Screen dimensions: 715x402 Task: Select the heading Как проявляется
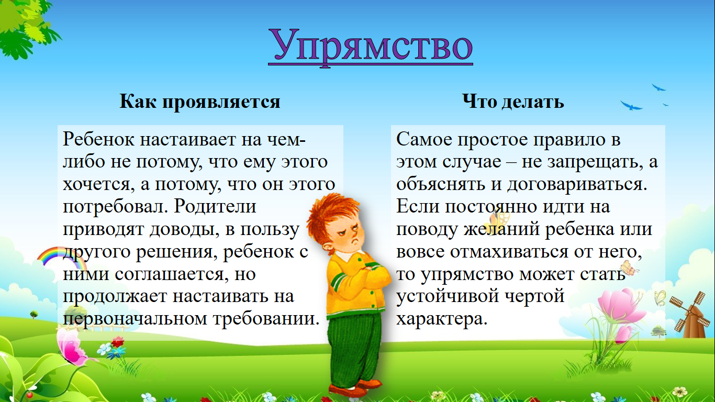tap(200, 102)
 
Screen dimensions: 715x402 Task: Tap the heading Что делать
tap(513, 102)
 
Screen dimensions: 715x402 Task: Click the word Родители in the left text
tap(215, 206)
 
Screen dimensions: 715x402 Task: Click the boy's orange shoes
tap(355, 388)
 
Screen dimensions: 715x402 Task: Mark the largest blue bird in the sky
tap(631, 106)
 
